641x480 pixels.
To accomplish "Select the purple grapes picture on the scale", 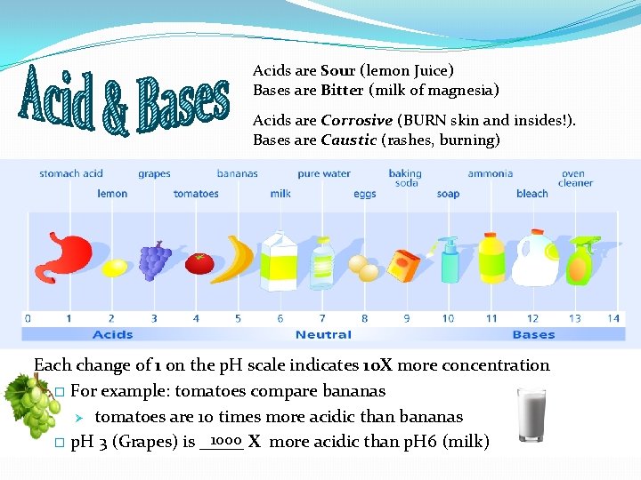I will pos(155,259).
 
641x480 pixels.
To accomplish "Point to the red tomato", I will pos(199,263).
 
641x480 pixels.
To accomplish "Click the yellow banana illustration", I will pos(239,259).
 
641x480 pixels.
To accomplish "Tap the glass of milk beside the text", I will pos(531,415).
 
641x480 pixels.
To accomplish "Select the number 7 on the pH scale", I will pos(322,318).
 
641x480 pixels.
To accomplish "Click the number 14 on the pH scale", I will pos(613,318).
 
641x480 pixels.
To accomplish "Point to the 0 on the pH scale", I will pos(28,318).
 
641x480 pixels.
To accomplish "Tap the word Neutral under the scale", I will pos(323,335).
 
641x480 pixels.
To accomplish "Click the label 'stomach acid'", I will pos(71,174).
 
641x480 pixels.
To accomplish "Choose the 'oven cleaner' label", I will pos(575,179).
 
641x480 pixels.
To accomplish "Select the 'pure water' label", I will pos(324,174).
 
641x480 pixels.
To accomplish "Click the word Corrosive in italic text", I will pos(357,120).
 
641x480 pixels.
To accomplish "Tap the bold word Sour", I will pos(338,70).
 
